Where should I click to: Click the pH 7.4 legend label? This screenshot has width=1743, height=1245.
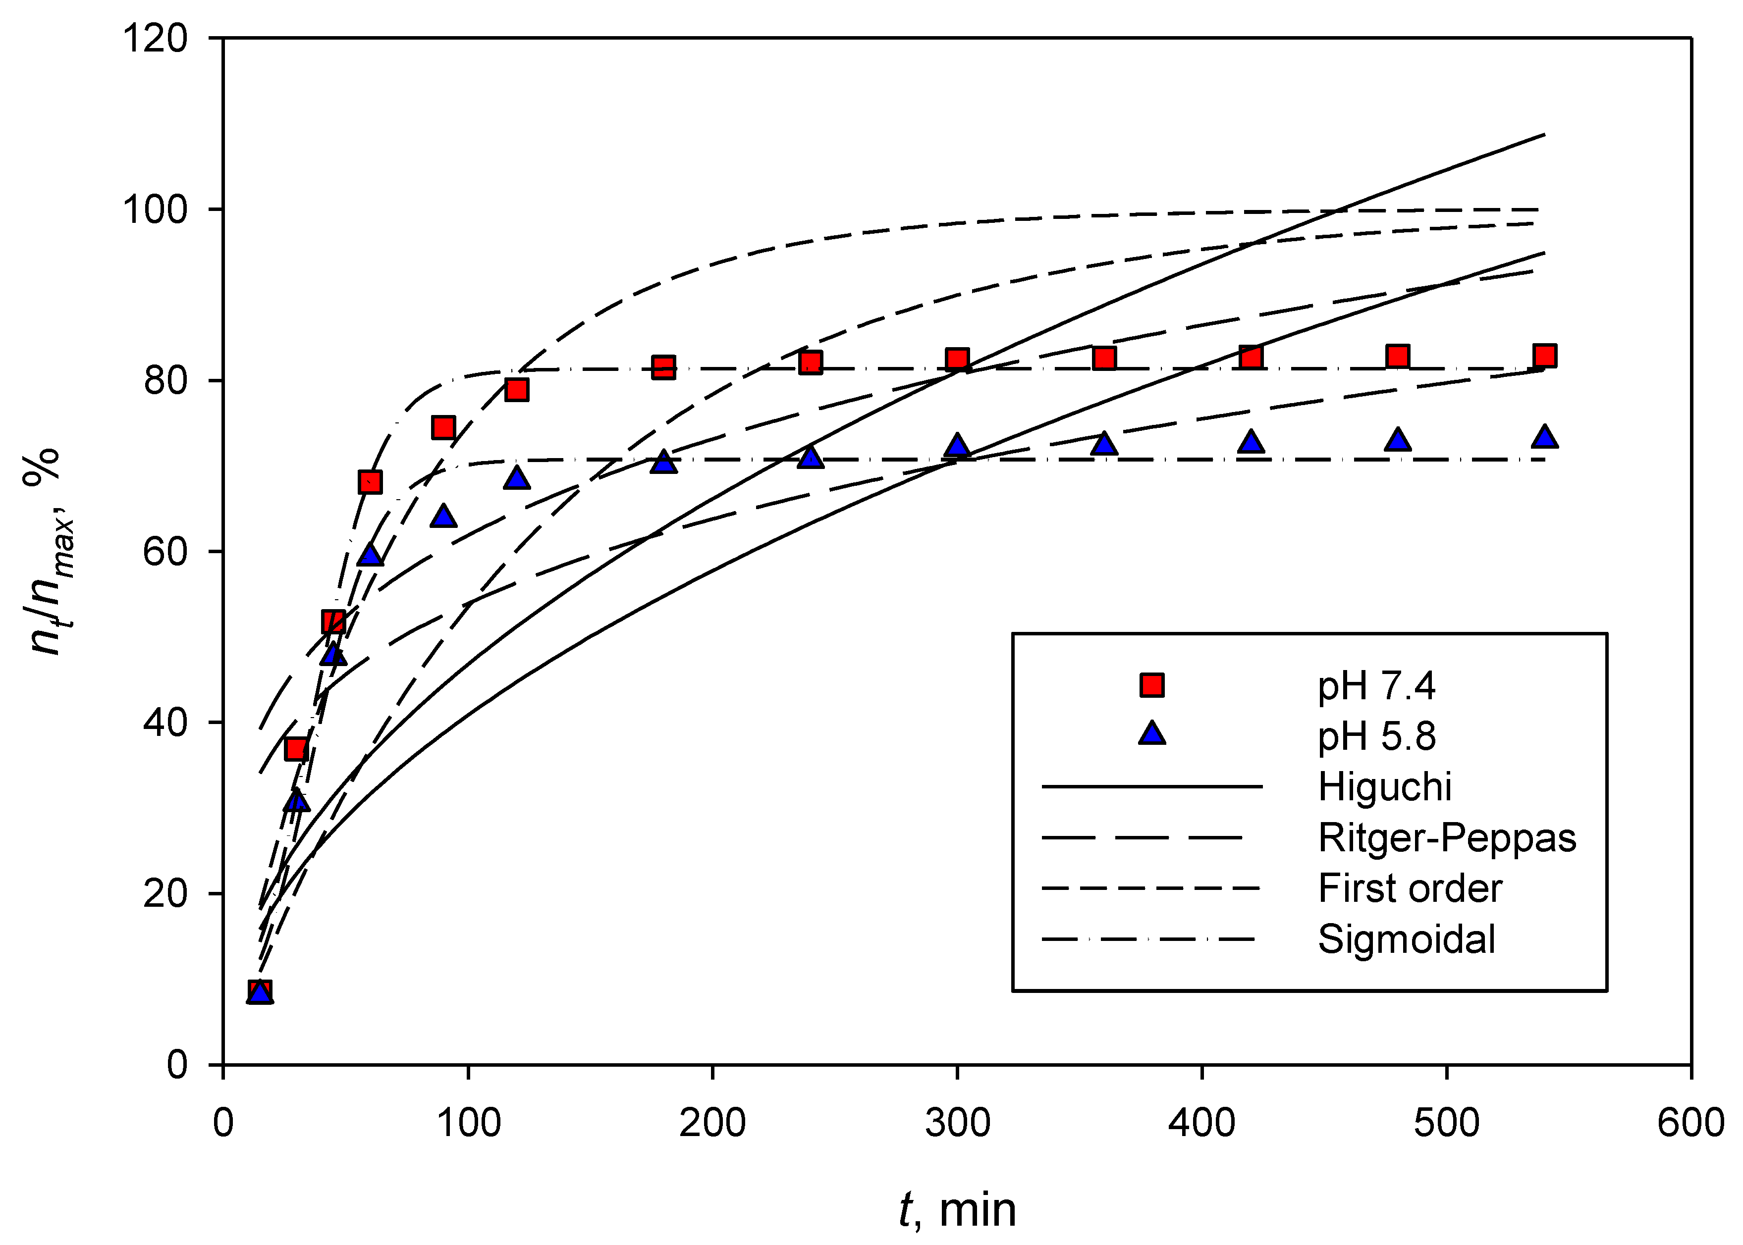pos(1376,685)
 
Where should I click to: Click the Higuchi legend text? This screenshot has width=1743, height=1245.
pos(1384,786)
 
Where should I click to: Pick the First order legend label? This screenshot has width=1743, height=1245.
pos(1410,888)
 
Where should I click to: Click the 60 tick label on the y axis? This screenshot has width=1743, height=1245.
pos(165,552)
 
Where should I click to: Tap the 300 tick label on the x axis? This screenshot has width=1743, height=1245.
pos(957,1123)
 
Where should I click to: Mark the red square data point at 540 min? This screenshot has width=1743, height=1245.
pos(1544,356)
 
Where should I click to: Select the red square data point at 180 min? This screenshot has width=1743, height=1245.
pos(663,367)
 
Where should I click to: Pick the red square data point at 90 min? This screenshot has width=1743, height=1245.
pos(443,427)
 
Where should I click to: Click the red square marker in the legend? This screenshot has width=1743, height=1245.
pos(1152,684)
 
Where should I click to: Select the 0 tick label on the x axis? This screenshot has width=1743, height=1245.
pos(223,1123)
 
